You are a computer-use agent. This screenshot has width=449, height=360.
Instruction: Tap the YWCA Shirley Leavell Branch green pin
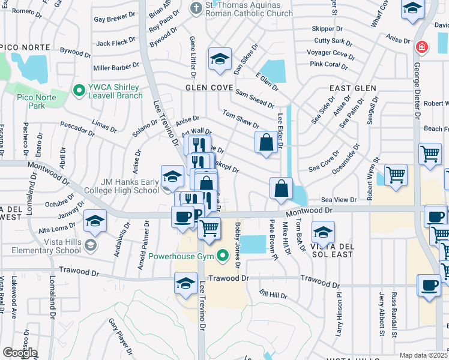(x=78, y=91)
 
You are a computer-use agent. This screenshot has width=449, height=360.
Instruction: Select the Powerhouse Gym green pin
(x=223, y=256)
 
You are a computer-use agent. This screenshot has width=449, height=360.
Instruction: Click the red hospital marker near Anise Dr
(x=422, y=46)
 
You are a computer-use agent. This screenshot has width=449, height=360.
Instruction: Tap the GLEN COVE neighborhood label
(x=209, y=88)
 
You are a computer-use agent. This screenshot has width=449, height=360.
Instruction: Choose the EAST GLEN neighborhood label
(x=353, y=88)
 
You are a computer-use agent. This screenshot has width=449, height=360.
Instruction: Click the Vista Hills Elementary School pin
(x=90, y=244)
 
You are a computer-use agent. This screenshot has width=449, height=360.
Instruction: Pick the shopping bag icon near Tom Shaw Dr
(x=266, y=143)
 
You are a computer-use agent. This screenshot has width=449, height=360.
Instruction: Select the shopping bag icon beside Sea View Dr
(x=281, y=188)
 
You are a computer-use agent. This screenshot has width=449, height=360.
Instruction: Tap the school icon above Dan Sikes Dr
(x=220, y=59)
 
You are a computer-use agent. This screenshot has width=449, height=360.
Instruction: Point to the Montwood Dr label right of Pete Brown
(x=309, y=211)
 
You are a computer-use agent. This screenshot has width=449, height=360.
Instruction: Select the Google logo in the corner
(x=19, y=353)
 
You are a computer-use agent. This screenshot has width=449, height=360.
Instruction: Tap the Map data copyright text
(x=424, y=355)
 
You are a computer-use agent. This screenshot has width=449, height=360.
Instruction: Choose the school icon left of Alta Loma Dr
(x=95, y=220)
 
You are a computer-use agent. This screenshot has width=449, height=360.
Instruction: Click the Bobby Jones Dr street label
(x=238, y=245)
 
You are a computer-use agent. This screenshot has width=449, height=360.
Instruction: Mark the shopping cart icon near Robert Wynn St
(x=396, y=175)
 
